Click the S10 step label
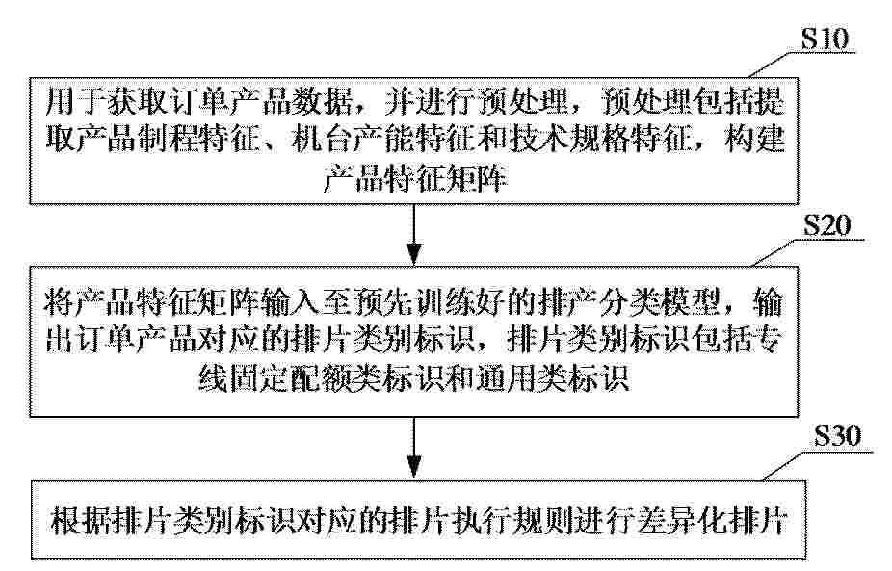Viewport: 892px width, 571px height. (x=825, y=39)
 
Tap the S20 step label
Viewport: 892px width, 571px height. (x=827, y=225)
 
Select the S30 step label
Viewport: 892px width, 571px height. (x=837, y=436)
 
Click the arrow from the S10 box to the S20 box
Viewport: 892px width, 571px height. (x=414, y=235)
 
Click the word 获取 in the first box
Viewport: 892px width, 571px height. (x=137, y=102)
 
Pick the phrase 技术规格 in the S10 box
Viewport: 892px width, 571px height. (x=566, y=140)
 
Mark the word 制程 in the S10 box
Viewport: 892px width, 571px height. (x=168, y=140)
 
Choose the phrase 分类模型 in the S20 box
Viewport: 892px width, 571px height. (x=659, y=302)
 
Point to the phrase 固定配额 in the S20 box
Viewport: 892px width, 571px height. (x=290, y=377)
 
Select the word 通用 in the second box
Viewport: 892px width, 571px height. (x=507, y=377)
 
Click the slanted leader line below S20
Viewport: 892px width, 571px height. (x=779, y=252)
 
